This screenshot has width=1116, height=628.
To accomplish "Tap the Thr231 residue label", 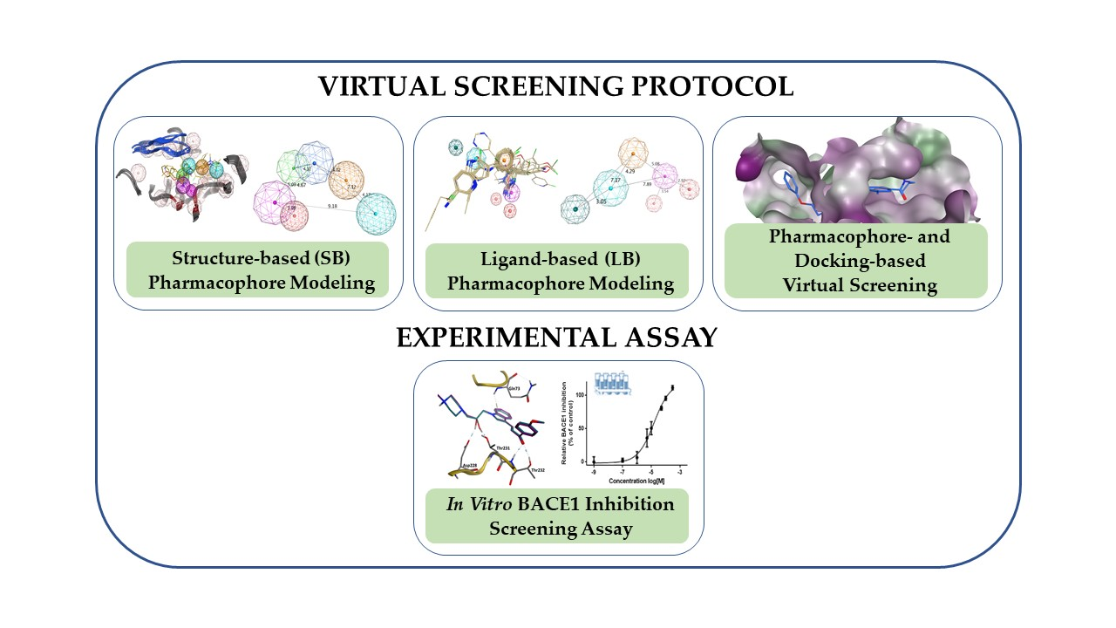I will pos(502,447).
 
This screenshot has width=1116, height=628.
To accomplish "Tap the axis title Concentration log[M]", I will pos(633,481).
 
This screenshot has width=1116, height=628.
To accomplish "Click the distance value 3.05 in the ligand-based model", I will pos(601,201).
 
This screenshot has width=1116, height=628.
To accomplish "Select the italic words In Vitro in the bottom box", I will pos(477,505).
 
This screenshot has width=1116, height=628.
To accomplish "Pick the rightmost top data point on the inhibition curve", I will pos(673,387).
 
